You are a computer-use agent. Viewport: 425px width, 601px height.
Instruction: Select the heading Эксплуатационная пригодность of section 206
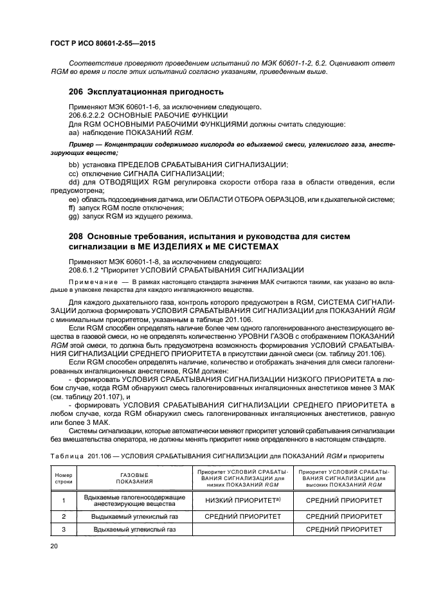pyautogui.click(x=155, y=92)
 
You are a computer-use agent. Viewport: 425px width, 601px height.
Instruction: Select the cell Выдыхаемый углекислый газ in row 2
pyautogui.click(x=134, y=516)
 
